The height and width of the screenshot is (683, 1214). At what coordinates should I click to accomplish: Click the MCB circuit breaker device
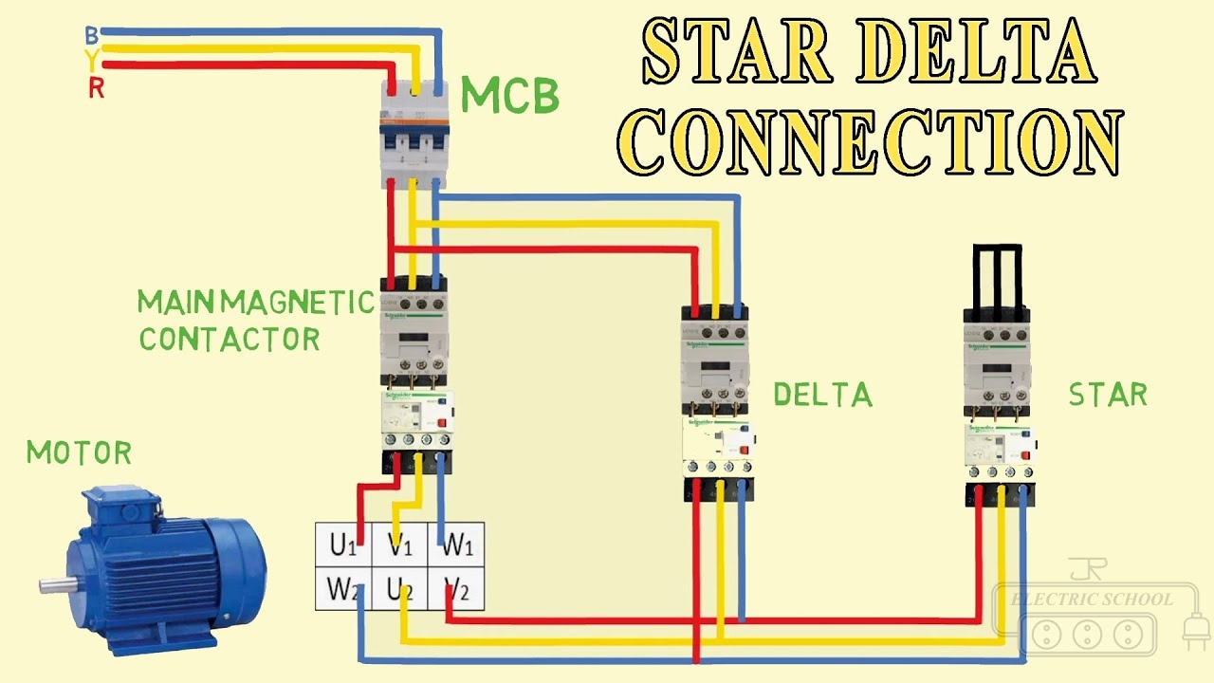pyautogui.click(x=413, y=133)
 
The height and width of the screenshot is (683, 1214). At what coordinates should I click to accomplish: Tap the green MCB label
pyautogui.click(x=509, y=97)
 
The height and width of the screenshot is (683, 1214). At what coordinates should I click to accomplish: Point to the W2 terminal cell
pyautogui.click(x=343, y=589)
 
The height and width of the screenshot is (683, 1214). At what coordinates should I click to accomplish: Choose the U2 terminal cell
pyautogui.click(x=399, y=589)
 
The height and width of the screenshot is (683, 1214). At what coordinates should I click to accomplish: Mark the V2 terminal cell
pyautogui.click(x=456, y=589)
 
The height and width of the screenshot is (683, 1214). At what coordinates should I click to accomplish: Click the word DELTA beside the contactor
pyautogui.click(x=822, y=395)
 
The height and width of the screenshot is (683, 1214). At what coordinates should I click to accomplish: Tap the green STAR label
pyautogui.click(x=1108, y=395)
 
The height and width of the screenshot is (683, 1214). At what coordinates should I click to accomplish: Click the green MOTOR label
pyautogui.click(x=79, y=453)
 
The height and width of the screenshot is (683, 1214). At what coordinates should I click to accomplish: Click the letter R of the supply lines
pyautogui.click(x=96, y=90)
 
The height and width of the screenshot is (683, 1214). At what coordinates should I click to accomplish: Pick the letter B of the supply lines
pyautogui.click(x=91, y=36)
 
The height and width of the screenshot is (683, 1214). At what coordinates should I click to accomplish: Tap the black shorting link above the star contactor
pyautogui.click(x=997, y=275)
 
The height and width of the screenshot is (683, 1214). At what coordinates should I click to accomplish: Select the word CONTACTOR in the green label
pyautogui.click(x=230, y=339)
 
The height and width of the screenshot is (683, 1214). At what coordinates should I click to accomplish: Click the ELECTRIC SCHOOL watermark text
pyautogui.click(x=1092, y=600)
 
